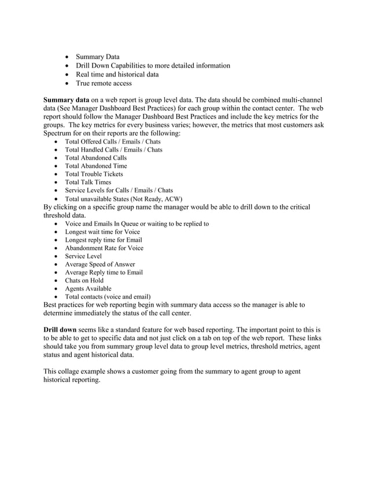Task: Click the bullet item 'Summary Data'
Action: tap(98, 57)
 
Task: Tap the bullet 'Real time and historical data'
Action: tap(117, 74)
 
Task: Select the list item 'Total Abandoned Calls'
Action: tap(96, 157)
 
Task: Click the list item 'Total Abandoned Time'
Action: tap(96, 166)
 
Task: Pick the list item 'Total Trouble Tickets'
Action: tap(94, 174)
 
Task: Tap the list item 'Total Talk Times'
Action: tap(88, 182)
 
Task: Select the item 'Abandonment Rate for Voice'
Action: tap(104, 248)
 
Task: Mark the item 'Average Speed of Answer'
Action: tap(100, 264)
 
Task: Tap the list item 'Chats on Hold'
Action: tap(84, 280)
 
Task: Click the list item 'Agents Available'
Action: tap(88, 288)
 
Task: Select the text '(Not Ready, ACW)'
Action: tap(156, 198)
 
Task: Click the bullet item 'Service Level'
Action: tap(83, 256)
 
